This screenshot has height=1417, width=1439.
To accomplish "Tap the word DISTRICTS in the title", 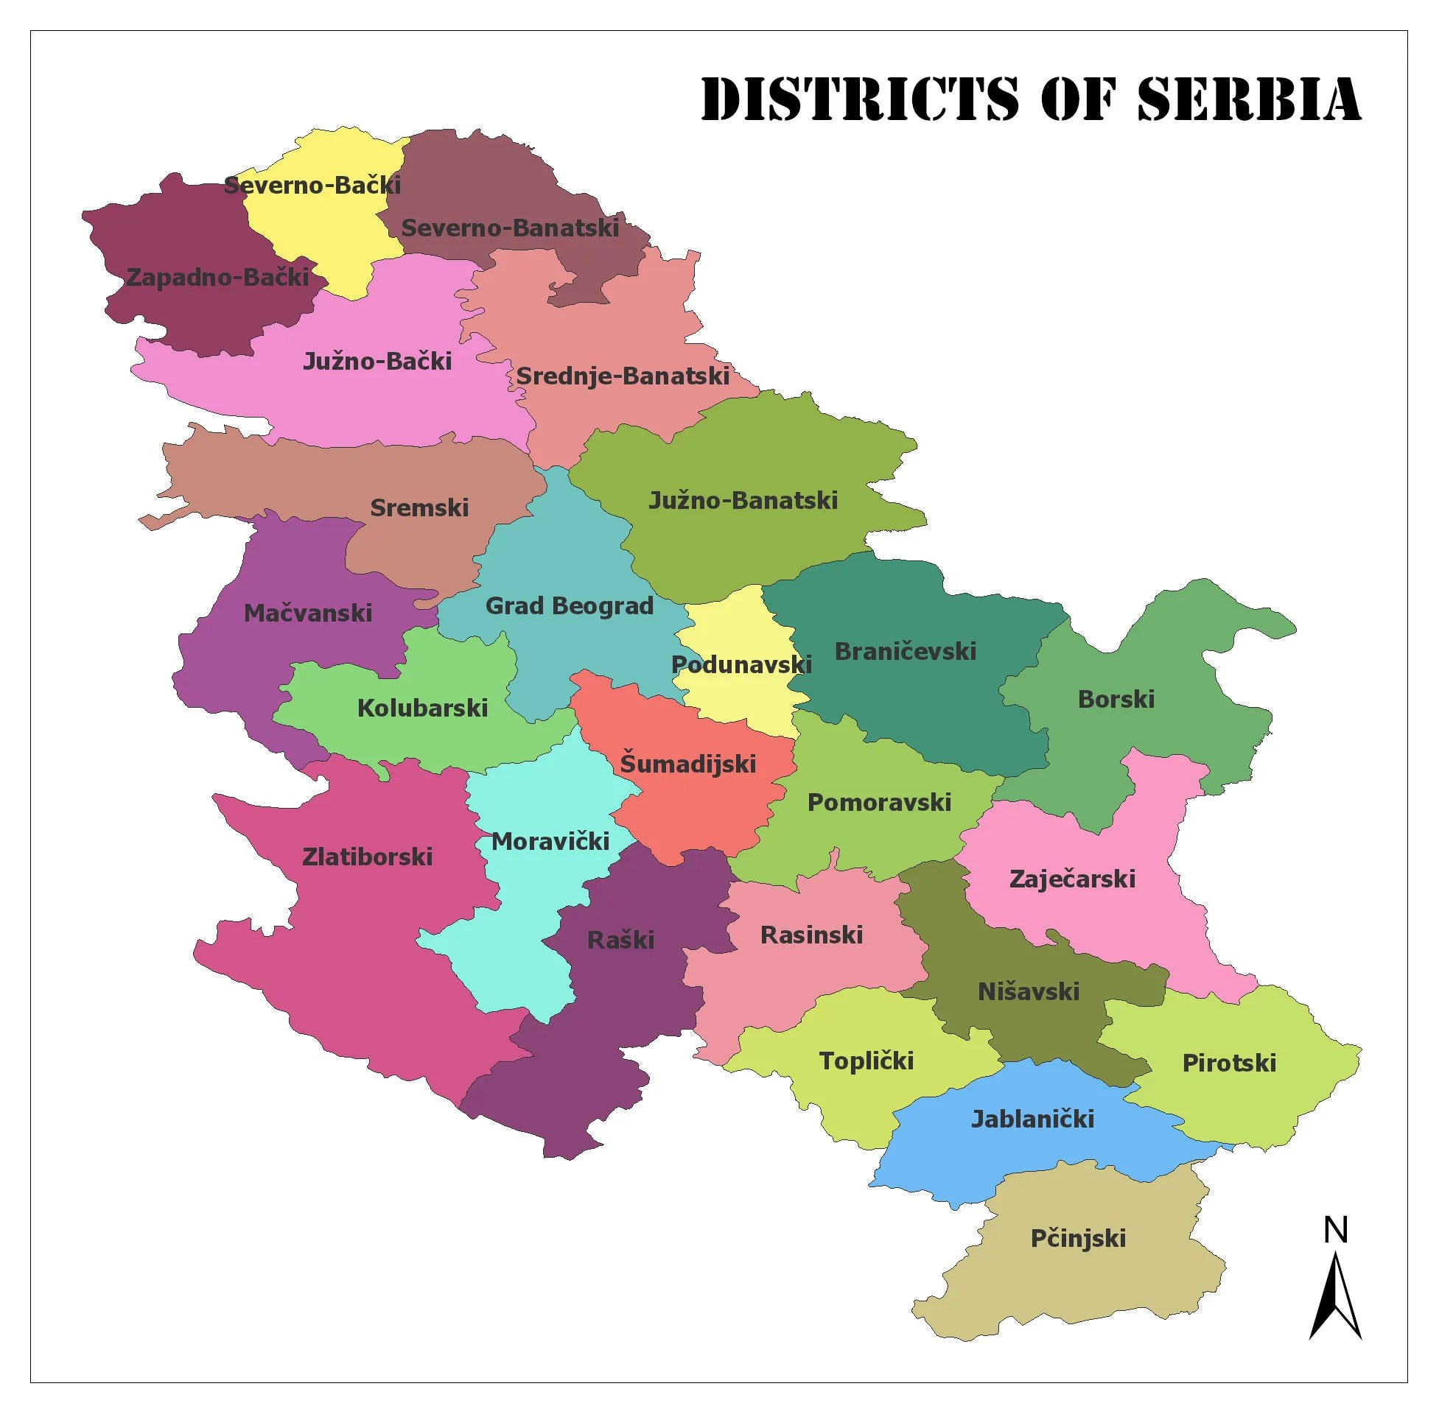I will [859, 98].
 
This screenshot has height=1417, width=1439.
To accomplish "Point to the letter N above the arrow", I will [1336, 1231].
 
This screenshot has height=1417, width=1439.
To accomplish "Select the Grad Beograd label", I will [569, 606].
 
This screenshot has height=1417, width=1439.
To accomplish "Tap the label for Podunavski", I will [740, 664].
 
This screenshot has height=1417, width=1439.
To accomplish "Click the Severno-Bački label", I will [312, 185].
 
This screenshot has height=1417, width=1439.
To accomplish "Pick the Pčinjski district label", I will [1077, 1238].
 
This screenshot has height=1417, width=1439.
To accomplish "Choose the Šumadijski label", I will [687, 764].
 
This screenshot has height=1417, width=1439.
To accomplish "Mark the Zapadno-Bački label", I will [217, 277].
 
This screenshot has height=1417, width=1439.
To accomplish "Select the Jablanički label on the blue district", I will [1032, 1119].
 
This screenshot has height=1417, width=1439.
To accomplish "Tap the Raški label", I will [620, 939].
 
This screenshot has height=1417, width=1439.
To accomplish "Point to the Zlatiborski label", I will [367, 857].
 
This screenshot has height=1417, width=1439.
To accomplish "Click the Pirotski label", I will [1228, 1063].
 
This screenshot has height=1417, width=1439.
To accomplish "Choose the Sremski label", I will [419, 507].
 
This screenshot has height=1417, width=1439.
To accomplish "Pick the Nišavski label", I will [1028, 991].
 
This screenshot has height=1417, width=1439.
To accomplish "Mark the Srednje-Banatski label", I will [623, 376].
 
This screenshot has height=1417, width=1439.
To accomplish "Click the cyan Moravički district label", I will [550, 842].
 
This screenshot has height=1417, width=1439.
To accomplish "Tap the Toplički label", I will [866, 1061].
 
